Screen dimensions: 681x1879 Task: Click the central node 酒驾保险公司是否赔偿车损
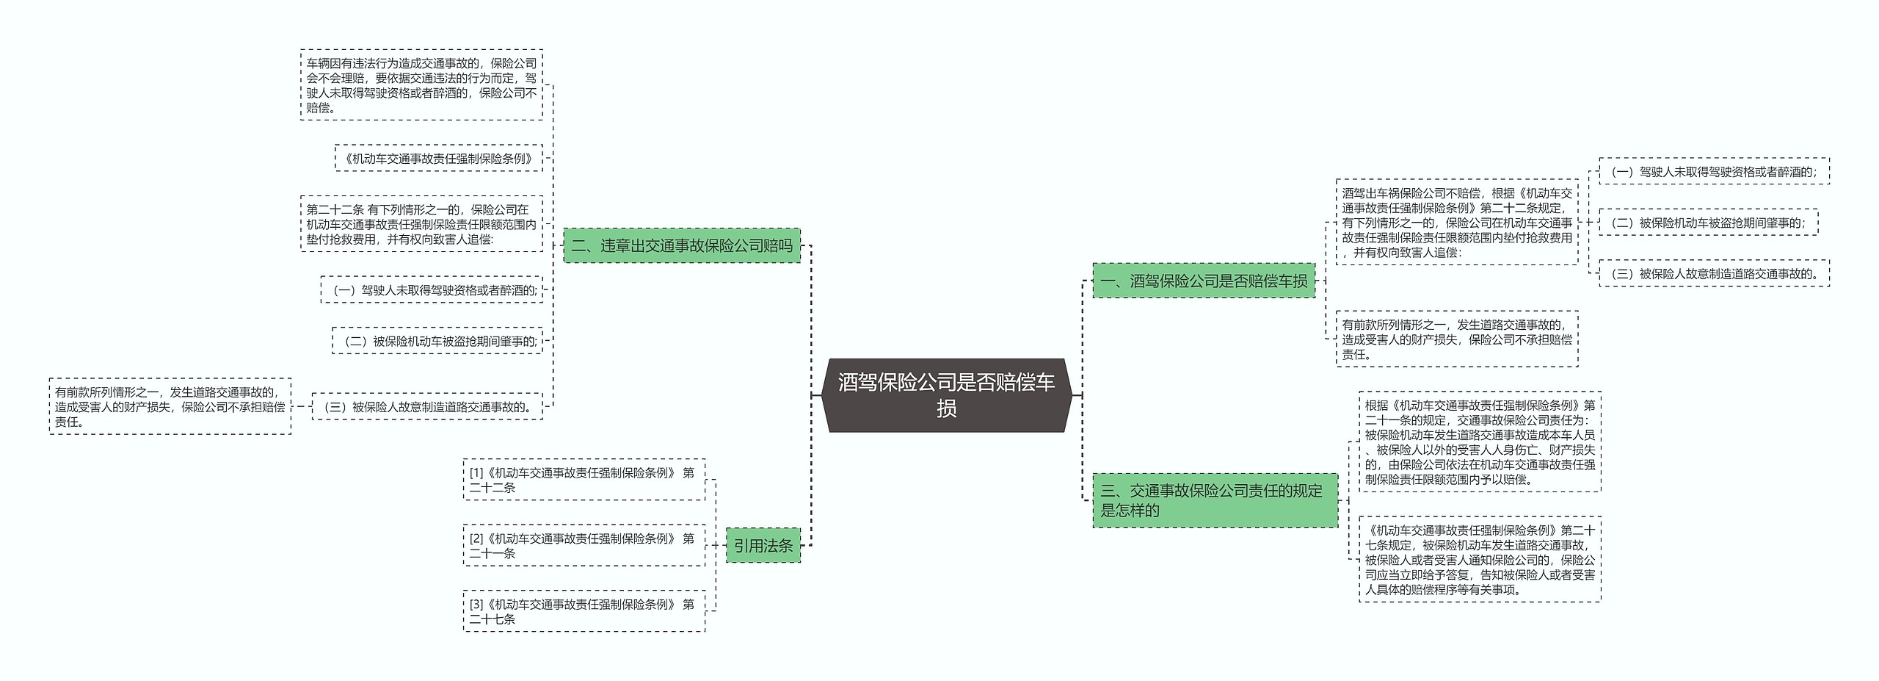(x=946, y=395)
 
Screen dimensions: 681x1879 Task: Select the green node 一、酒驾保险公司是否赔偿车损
(x=1203, y=281)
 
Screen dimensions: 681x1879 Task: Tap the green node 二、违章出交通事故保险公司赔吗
(x=682, y=245)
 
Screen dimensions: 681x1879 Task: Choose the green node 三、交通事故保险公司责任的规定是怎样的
(x=1215, y=500)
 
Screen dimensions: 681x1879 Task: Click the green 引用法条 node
(x=763, y=546)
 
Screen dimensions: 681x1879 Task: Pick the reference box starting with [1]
(x=584, y=480)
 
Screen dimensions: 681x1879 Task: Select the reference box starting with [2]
(x=584, y=546)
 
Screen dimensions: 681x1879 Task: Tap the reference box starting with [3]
(x=584, y=611)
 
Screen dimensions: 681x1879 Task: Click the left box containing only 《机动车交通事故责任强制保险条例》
(x=439, y=158)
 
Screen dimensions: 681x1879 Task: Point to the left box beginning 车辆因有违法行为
(x=421, y=85)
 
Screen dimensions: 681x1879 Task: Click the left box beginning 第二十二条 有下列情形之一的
(x=421, y=224)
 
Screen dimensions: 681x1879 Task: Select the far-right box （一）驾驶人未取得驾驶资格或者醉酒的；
(x=1714, y=172)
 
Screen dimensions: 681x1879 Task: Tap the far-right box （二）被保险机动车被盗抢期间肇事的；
(x=1708, y=223)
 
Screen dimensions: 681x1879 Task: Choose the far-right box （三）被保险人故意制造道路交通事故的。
(x=1714, y=274)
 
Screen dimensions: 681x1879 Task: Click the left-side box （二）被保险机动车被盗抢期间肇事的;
(x=437, y=341)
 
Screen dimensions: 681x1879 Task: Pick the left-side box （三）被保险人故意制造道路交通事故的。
(x=427, y=407)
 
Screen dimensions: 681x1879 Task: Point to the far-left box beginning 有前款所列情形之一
(x=170, y=407)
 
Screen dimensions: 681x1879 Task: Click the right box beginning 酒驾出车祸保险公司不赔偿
(x=1456, y=223)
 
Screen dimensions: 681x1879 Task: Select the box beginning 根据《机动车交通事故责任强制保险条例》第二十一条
(x=1480, y=442)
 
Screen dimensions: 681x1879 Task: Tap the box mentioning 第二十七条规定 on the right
(x=1480, y=560)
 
